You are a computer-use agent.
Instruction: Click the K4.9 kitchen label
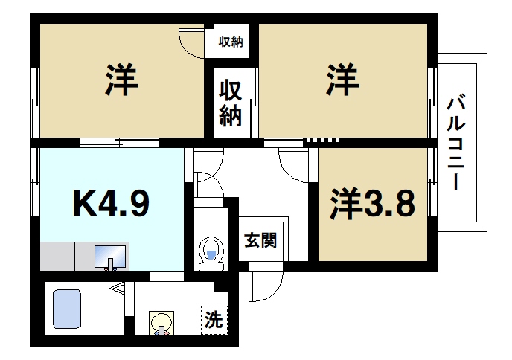point(112,202)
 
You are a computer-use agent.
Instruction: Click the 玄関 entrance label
point(260,240)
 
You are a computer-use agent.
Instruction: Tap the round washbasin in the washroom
point(161,323)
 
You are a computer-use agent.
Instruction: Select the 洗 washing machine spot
point(214,321)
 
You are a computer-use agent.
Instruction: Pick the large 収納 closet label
point(230,103)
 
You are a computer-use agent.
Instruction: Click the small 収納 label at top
point(230,42)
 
